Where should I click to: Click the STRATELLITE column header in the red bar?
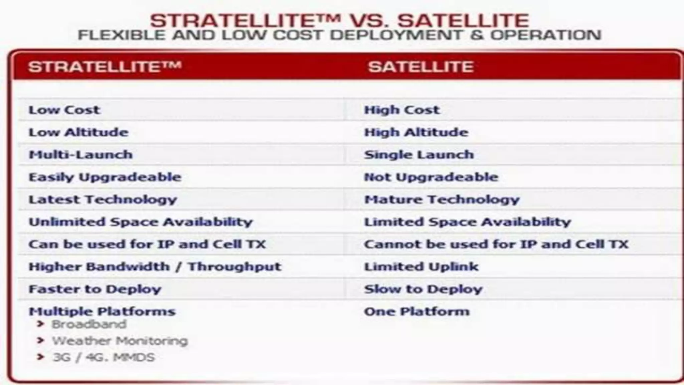point(105,67)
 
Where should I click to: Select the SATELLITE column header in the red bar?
point(420,67)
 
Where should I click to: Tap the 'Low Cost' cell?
point(64,110)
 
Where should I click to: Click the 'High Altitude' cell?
point(416,132)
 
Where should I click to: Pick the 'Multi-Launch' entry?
point(81,155)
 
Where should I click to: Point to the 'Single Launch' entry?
point(419,155)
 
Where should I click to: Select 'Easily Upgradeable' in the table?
point(105,177)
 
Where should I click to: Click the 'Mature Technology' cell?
point(442,200)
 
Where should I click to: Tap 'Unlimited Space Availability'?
point(141,222)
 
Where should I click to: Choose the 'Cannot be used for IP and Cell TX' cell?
point(496,244)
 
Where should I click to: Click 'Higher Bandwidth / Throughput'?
point(155,267)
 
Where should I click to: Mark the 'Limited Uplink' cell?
point(421,267)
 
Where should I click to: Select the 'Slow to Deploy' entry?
point(423,289)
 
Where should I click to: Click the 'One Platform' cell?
point(416,311)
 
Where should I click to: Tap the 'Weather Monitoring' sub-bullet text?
point(120,341)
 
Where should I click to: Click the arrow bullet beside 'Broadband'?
point(40,324)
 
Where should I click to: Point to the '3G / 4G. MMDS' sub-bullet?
point(104,357)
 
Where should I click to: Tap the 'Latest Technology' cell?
point(103,200)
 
